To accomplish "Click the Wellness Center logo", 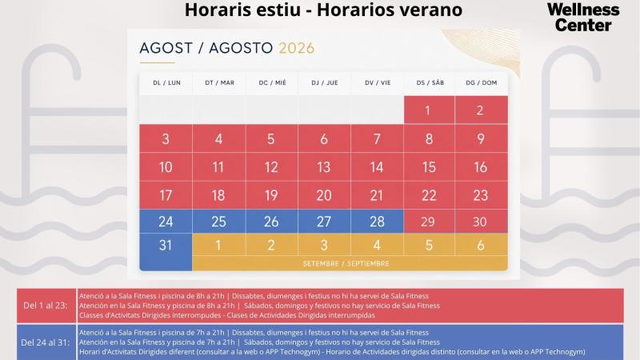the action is tap(583, 18).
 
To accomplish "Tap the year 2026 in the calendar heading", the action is tap(296, 48).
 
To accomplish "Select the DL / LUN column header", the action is tap(166, 83).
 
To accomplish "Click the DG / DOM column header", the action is tap(482, 83).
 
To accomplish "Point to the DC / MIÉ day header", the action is tap(272, 83).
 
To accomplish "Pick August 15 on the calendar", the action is tap(429, 167).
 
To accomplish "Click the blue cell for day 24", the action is tap(166, 222).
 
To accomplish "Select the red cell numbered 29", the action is tap(429, 222).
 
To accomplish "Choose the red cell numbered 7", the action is tap(377, 138).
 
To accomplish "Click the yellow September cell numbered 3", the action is tap(324, 245).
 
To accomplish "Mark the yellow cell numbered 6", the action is tap(482, 245).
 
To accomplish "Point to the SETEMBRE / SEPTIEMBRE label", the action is tap(346, 264).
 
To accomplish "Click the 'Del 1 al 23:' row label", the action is tap(46, 306).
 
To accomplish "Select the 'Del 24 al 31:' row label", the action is tap(46, 342).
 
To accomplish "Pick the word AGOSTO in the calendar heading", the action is tap(241, 48).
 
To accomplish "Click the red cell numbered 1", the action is tap(429, 110).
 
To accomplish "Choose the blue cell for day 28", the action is tap(377, 222).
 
